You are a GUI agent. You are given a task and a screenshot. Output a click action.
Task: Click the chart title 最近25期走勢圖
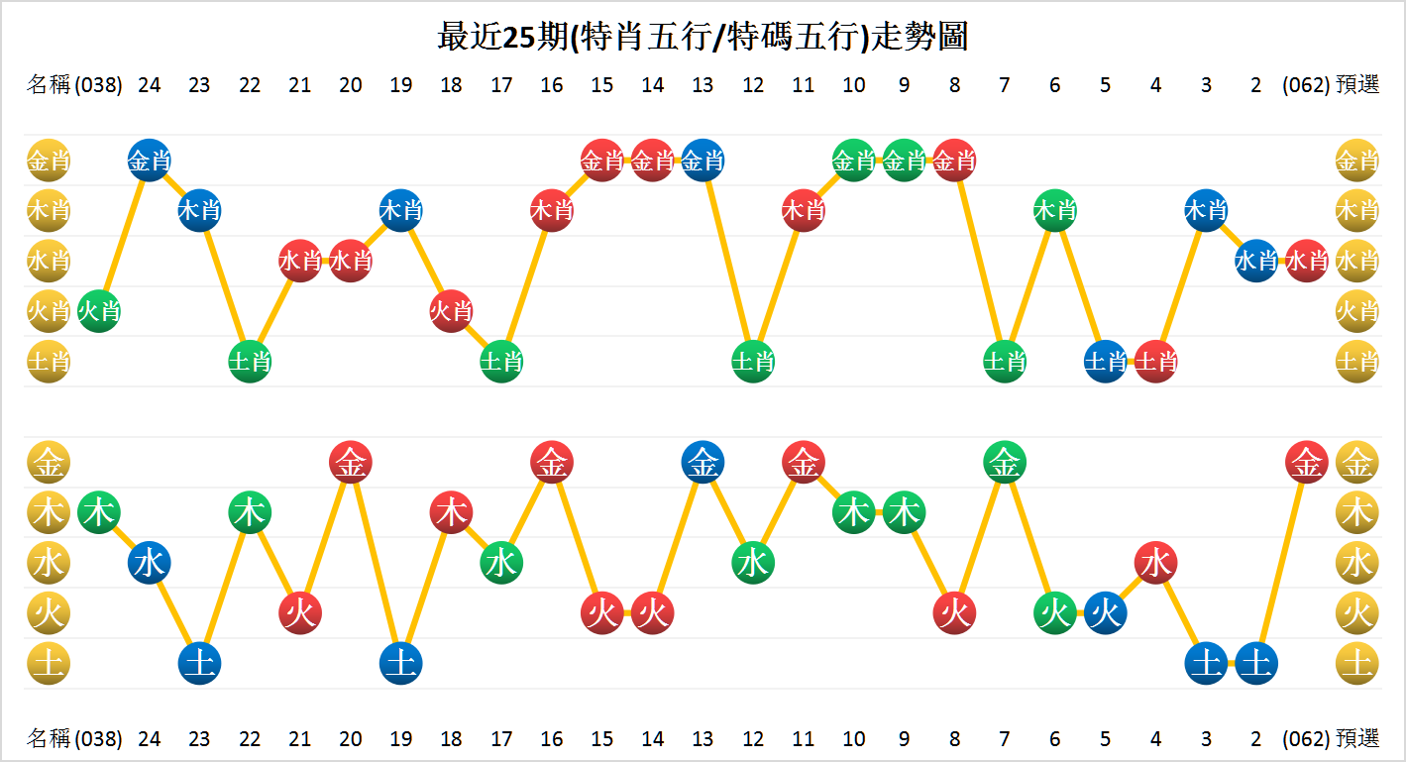[703, 37]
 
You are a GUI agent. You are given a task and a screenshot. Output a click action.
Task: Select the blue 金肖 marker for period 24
[150, 160]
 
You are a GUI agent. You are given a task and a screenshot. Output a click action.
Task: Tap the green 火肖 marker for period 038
[99, 311]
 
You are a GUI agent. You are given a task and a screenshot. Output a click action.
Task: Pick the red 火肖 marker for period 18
[451, 311]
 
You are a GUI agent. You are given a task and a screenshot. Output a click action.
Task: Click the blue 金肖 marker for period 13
[703, 160]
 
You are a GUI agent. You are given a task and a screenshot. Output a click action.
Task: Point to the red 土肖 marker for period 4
[1155, 362]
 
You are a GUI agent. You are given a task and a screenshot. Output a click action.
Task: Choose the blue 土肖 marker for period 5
[1105, 362]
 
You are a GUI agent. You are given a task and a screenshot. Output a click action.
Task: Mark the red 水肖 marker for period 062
[1306, 261]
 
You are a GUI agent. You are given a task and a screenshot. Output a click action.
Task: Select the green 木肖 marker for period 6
[1054, 210]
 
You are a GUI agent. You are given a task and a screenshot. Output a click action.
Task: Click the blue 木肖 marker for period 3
[1206, 210]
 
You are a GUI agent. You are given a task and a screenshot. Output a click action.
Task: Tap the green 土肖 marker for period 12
[753, 362]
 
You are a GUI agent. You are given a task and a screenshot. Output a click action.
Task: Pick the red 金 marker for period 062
[1306, 462]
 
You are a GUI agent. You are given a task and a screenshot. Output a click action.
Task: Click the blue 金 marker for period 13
[703, 462]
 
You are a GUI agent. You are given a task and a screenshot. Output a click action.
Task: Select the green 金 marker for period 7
[1005, 462]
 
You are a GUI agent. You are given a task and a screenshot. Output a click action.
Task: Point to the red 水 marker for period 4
[1155, 563]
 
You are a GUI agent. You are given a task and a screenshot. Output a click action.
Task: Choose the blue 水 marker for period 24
[150, 563]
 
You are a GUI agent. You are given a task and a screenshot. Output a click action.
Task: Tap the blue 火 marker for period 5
[1105, 613]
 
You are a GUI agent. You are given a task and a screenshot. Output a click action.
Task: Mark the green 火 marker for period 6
[1054, 613]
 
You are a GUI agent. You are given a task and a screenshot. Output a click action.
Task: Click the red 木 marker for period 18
[451, 512]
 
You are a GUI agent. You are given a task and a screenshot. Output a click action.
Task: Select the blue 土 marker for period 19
[400, 663]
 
